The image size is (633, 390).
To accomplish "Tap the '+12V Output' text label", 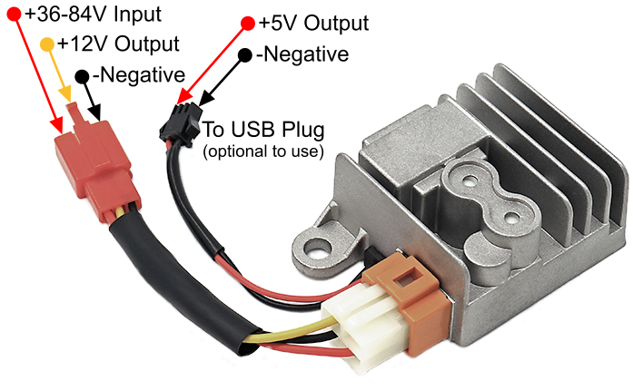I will coord(117,44).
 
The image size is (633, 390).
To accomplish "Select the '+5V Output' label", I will coord(314,23).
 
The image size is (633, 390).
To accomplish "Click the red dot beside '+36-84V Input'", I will coord(13,15).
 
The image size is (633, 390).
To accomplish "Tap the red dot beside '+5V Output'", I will coord(249,22).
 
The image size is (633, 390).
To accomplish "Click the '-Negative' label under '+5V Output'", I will coord(302,54).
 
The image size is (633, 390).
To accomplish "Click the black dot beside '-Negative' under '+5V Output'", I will coord(245,54).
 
